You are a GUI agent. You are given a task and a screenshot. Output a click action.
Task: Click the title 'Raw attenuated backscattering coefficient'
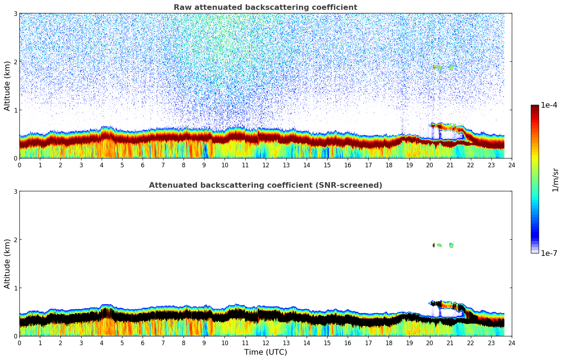265,7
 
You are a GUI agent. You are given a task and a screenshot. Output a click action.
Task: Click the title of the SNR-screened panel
265,185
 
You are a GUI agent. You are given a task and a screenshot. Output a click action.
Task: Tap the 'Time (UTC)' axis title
265,352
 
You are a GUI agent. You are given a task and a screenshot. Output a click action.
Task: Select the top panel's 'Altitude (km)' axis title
7,86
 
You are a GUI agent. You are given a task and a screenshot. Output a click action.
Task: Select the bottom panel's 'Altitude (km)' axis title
7,264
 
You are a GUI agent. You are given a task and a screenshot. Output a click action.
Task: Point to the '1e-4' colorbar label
549,105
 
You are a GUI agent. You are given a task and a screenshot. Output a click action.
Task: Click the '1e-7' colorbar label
549,253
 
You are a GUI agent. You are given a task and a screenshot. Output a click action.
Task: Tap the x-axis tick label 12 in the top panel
265,165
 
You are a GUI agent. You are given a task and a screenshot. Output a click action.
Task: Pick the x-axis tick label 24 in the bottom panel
511,343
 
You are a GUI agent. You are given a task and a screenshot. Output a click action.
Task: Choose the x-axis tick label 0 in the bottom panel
19,343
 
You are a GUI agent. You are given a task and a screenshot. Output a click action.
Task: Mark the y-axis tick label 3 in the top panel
16,13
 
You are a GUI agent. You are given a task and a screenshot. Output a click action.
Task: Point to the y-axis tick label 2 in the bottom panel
16,240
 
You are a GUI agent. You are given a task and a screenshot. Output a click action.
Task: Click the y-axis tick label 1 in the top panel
16,110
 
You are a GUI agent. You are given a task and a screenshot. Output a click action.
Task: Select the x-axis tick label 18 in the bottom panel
389,343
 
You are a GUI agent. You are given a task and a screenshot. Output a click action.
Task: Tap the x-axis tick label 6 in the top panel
143,165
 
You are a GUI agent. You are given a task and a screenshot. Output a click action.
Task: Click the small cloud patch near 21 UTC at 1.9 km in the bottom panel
451,245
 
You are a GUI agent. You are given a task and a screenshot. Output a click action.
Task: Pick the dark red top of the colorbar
534,107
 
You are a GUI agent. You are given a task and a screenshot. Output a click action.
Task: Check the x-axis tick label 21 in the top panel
450,165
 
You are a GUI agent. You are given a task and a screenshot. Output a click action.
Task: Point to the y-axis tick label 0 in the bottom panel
16,336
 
